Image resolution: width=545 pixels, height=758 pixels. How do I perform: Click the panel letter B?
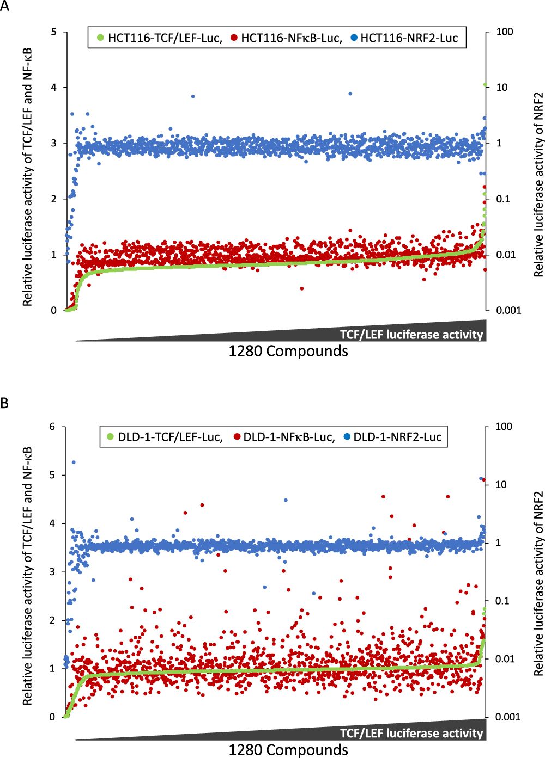click(5, 403)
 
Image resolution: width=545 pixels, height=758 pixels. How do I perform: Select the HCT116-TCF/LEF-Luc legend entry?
click(160, 38)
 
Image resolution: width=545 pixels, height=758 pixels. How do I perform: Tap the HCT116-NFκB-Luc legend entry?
click(287, 38)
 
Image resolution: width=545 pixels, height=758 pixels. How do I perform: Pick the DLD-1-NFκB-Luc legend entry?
click(284, 437)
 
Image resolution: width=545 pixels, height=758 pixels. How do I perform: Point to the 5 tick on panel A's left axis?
click(53, 32)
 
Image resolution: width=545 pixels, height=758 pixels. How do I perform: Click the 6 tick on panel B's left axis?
click(52, 427)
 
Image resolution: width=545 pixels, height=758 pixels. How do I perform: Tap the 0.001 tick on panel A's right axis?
click(508, 310)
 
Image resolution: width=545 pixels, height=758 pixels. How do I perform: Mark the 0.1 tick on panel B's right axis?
click(501, 601)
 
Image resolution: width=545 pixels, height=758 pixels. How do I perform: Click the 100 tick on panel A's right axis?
click(504, 32)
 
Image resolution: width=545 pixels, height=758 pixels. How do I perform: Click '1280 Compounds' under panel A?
click(288, 352)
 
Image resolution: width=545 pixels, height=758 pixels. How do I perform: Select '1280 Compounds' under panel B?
click(288, 750)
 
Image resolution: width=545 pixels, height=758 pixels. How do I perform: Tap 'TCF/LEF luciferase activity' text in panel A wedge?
click(411, 335)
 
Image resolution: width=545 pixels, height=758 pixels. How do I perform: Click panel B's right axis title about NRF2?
click(538, 583)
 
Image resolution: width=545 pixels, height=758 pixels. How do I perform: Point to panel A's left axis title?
click(27, 177)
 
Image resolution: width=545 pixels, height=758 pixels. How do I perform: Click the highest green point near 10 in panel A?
click(485, 85)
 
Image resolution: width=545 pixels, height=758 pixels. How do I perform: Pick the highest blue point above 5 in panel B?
click(74, 463)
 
